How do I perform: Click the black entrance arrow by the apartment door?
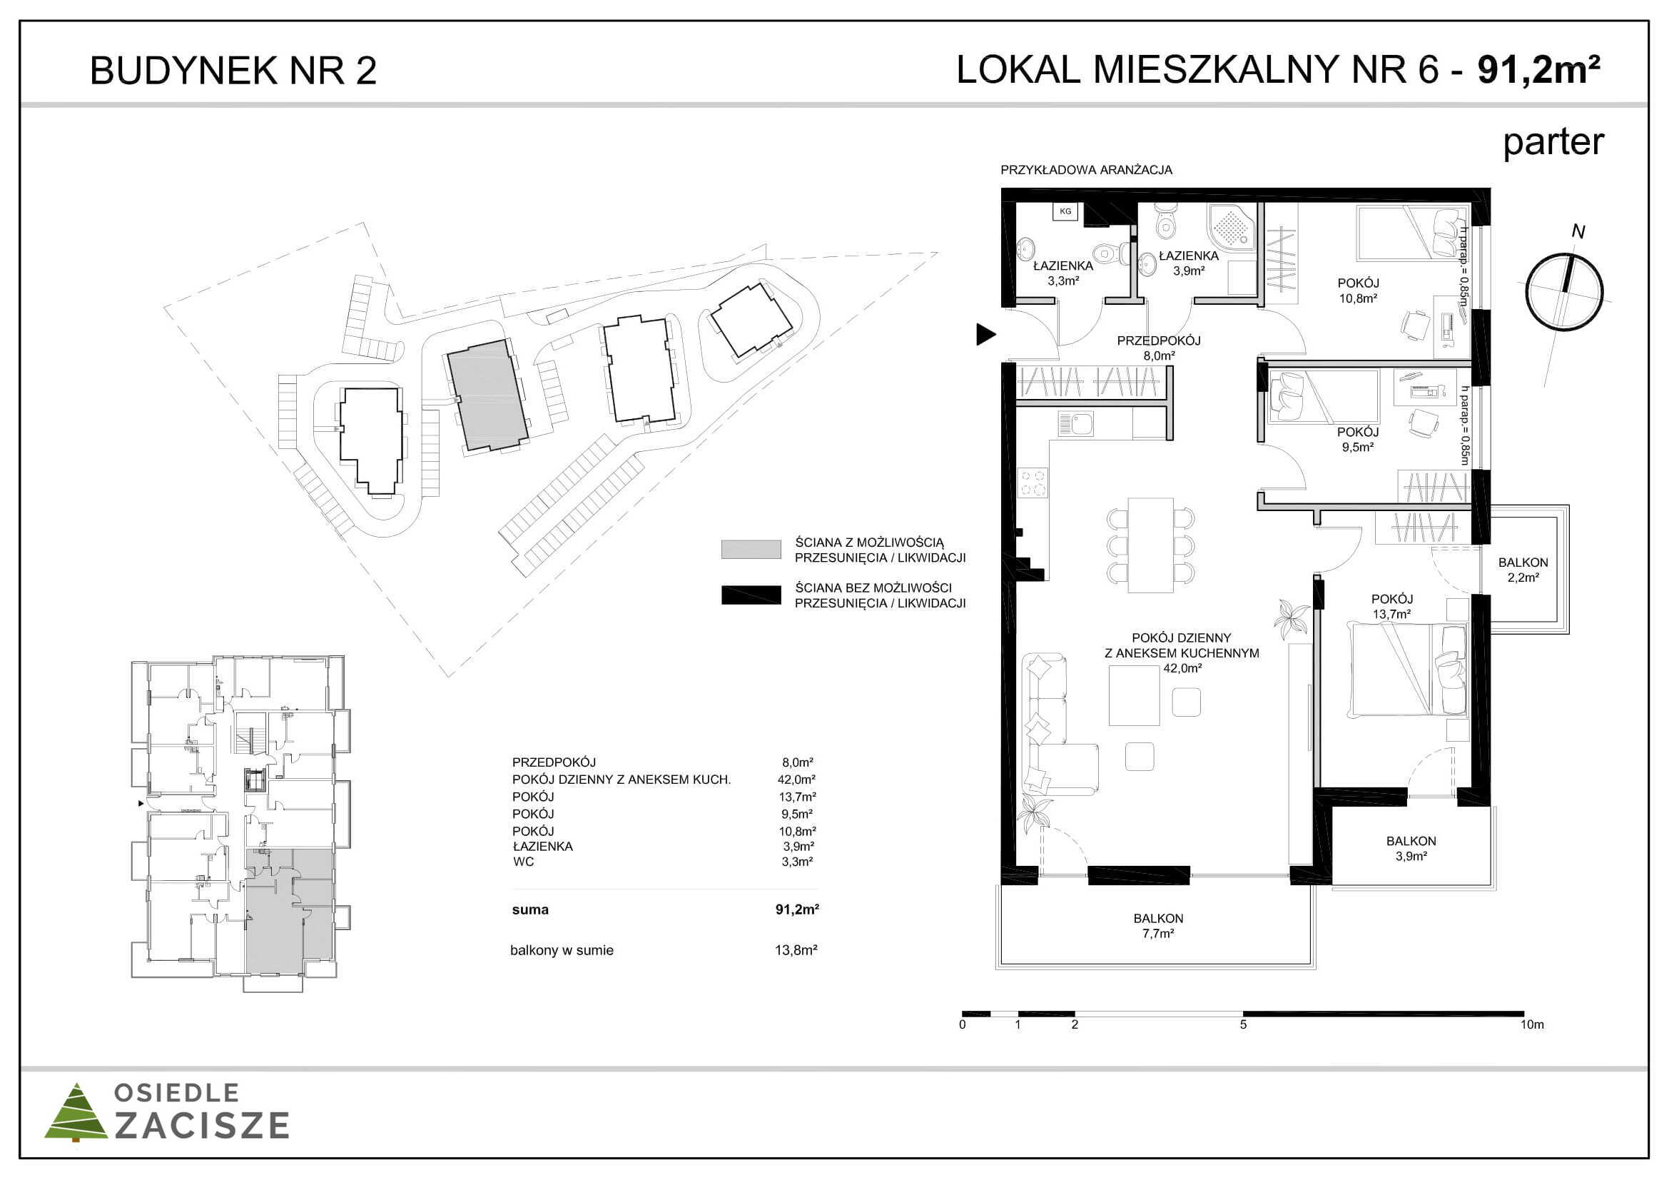[x=985, y=335]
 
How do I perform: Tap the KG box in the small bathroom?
[x=1065, y=211]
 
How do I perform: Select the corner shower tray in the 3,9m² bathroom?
[x=1232, y=227]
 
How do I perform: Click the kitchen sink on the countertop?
[x=1076, y=424]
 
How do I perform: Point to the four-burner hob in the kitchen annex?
[x=1033, y=481]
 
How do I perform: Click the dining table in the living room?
[x=1150, y=545]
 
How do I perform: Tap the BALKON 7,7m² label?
[x=1158, y=926]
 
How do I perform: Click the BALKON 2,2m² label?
[x=1523, y=570]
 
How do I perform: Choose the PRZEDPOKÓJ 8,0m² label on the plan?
[x=1159, y=348]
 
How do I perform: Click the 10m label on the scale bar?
[x=1531, y=1024]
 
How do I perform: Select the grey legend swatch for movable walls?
[x=751, y=549]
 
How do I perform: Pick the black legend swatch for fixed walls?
[x=751, y=595]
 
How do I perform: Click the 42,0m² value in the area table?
[x=797, y=780]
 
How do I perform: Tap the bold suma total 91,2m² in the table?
[x=797, y=909]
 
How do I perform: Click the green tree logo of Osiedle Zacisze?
[x=76, y=1112]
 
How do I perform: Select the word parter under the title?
[x=1553, y=143]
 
